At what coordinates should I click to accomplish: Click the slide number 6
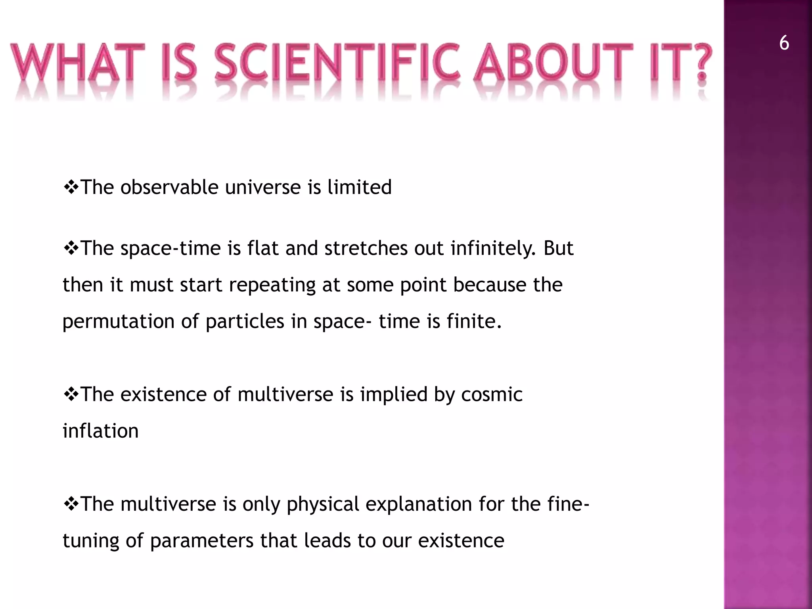pyautogui.click(x=784, y=43)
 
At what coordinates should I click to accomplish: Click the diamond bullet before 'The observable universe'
pyautogui.click(x=71, y=187)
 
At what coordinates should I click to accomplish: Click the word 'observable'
pyautogui.click(x=169, y=187)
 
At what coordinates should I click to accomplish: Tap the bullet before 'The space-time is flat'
pyautogui.click(x=71, y=248)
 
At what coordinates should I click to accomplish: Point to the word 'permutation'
pyautogui.click(x=119, y=322)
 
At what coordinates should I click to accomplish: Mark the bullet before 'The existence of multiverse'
pyautogui.click(x=71, y=395)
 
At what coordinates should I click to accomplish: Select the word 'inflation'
pyautogui.click(x=101, y=431)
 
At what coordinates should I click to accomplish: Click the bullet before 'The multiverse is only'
pyautogui.click(x=71, y=504)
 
